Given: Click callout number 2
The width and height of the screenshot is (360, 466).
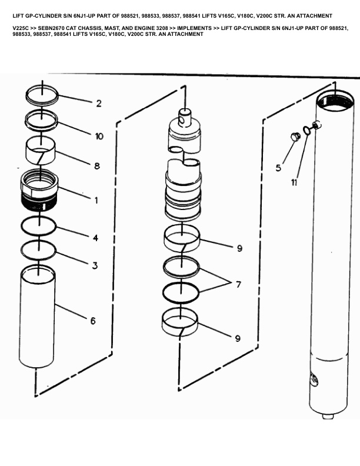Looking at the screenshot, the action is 99,104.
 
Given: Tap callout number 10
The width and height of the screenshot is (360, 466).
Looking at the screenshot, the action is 99,136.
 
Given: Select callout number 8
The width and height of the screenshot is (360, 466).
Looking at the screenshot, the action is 97,166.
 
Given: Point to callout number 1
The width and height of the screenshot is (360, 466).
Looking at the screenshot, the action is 96,200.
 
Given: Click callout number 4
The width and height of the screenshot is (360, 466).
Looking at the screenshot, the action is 95,238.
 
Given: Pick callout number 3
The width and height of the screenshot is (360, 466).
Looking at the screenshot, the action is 95,265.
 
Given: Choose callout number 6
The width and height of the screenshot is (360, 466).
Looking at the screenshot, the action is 93,321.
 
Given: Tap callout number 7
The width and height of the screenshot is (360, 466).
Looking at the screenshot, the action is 238,285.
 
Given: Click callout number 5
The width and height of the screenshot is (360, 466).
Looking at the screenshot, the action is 278,168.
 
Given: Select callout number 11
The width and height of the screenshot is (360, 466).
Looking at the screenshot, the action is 294,182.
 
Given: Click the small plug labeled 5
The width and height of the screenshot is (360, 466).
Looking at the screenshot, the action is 295,137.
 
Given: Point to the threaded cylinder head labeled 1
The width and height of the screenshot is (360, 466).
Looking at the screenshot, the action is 39,191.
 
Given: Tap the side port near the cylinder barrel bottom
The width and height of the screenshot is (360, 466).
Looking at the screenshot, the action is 314,380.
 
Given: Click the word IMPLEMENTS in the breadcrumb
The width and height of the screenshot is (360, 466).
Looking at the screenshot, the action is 195,28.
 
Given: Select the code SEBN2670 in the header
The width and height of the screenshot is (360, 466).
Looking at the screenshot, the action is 51,28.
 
